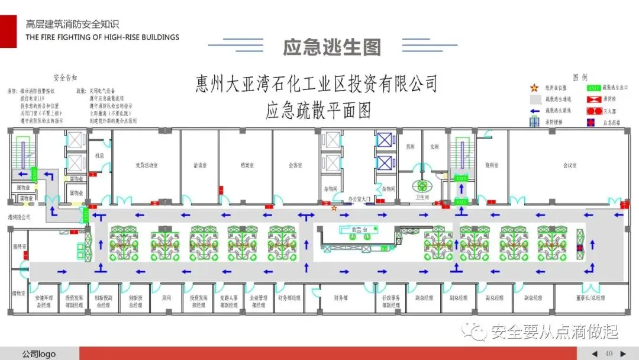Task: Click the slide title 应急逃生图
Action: point(331,47)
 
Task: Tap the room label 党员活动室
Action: point(147,165)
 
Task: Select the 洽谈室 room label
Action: point(200,165)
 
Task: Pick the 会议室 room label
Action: point(570,165)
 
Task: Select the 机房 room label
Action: point(99,155)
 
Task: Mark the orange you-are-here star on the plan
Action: point(334,208)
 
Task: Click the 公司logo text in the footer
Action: point(39,354)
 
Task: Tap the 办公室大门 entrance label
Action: point(359,200)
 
